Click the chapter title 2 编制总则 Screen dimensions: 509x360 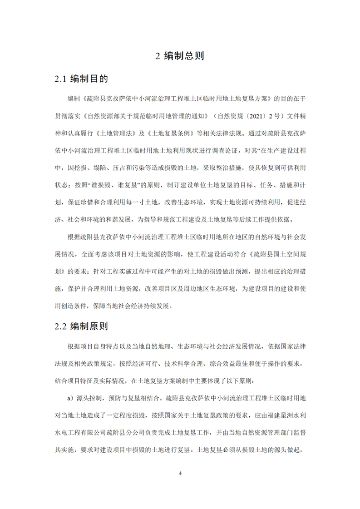point(180,56)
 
